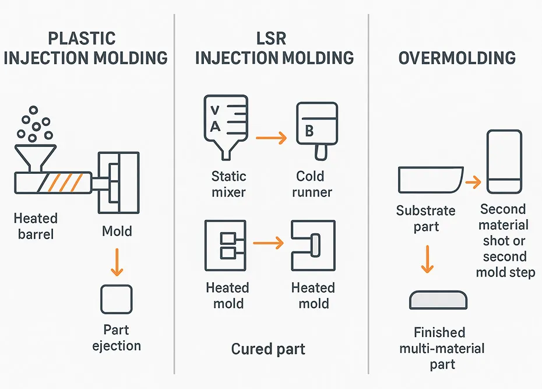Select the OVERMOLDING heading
point(457,58)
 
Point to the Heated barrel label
point(36,226)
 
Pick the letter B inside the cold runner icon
point(310,131)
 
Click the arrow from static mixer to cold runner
point(271,138)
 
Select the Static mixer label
point(228,184)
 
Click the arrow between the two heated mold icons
point(269,242)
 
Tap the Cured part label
point(268,349)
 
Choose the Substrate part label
point(425,218)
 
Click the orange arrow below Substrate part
point(428,259)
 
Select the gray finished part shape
point(438,300)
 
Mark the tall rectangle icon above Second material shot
point(504,162)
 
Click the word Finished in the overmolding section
point(439,332)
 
